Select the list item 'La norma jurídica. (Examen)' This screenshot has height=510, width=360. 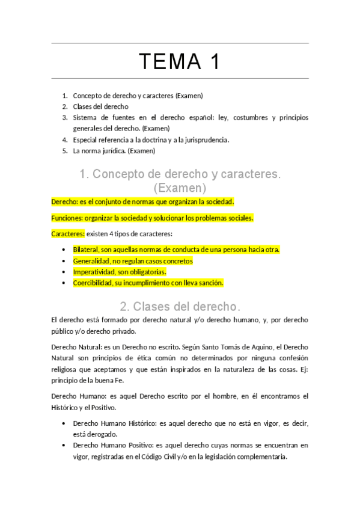point(114,151)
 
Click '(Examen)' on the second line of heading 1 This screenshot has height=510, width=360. point(180,188)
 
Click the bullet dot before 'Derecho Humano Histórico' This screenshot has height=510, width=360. point(64,423)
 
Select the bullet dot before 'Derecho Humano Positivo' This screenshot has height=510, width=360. point(64,446)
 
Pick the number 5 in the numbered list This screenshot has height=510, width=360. point(64,151)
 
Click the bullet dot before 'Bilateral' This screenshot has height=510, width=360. point(64,249)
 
